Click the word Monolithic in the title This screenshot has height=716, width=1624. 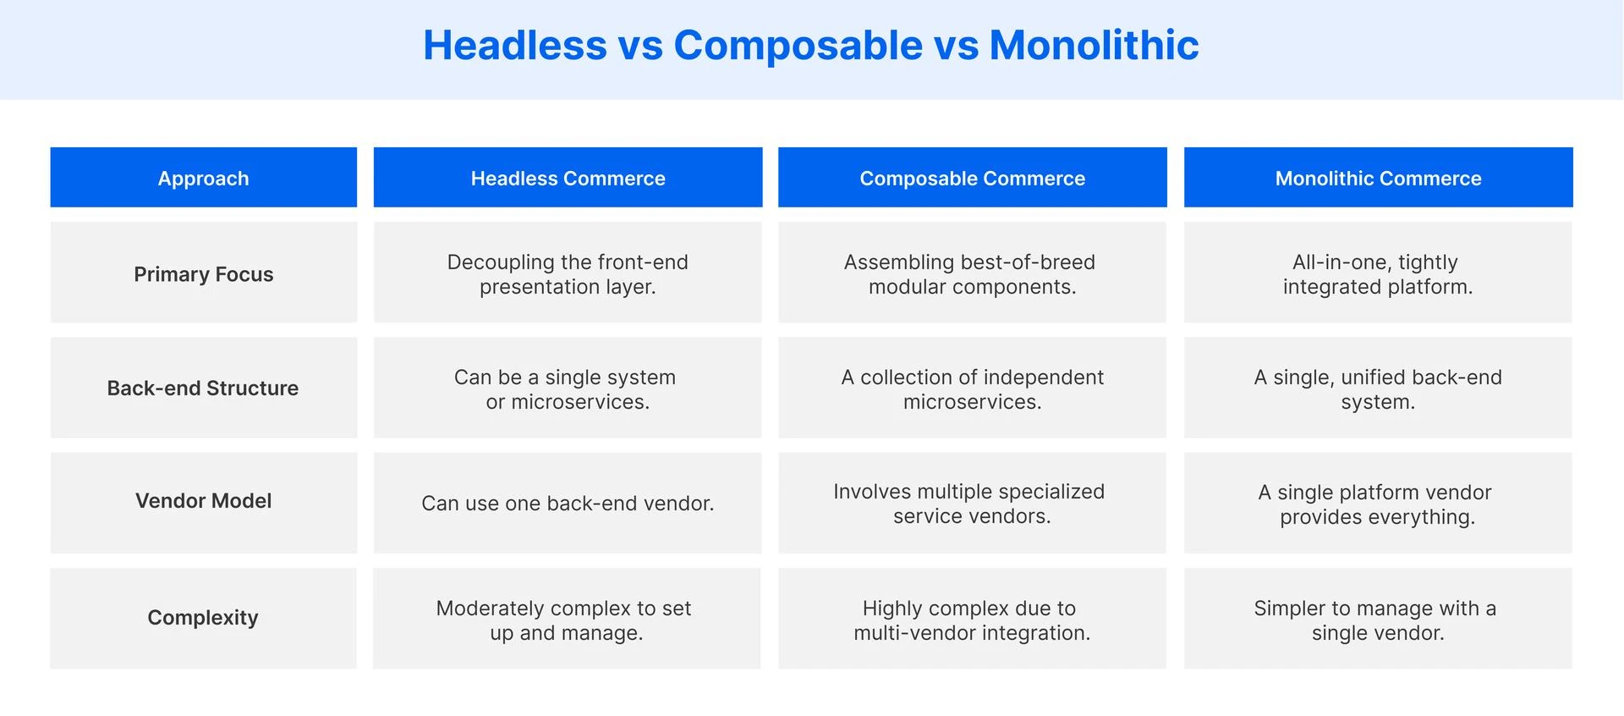click(x=1094, y=45)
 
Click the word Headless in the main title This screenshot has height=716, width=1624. click(x=514, y=45)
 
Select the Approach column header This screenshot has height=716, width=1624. click(x=203, y=178)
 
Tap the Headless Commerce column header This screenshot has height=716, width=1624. click(x=568, y=178)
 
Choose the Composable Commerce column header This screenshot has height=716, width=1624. click(x=972, y=178)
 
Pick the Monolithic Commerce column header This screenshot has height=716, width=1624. click(x=1378, y=178)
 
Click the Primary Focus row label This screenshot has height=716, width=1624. click(x=203, y=273)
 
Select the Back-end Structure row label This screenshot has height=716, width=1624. click(x=203, y=388)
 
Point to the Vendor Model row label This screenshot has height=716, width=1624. click(x=203, y=501)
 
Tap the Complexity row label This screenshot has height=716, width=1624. click(x=203, y=617)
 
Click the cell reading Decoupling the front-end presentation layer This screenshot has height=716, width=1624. click(x=568, y=273)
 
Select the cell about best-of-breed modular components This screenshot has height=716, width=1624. click(x=972, y=273)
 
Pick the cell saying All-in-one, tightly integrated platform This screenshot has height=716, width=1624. click(x=1378, y=273)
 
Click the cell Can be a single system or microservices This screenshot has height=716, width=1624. click(x=568, y=388)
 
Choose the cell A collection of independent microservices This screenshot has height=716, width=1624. click(x=972, y=388)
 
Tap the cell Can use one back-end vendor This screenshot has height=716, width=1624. click(x=568, y=503)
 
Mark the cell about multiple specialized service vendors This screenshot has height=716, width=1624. click(x=972, y=503)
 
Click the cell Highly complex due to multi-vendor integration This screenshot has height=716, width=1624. click(x=972, y=620)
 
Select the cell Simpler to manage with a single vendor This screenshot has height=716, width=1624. click(x=1378, y=620)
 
